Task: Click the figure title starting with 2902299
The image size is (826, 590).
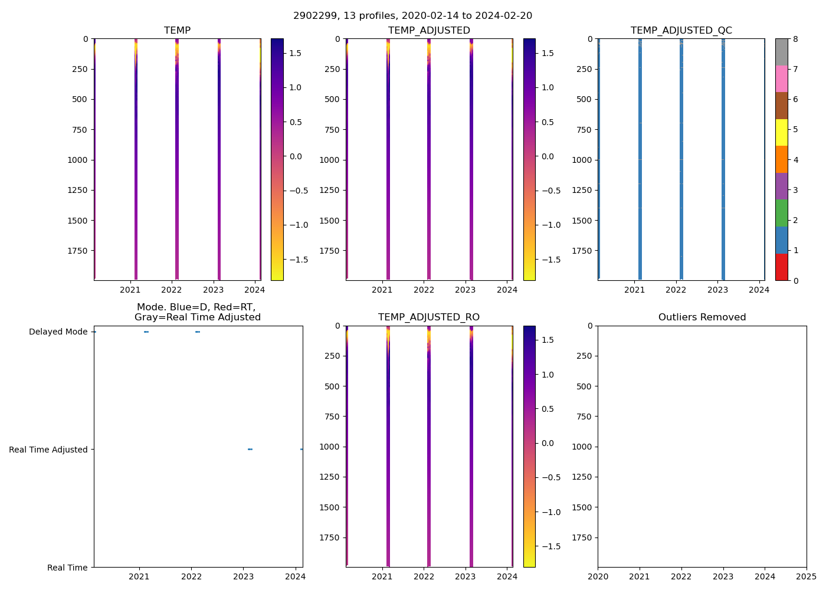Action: [x=412, y=15]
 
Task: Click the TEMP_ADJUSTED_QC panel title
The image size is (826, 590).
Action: [x=681, y=31]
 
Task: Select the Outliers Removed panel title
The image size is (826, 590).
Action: [x=702, y=317]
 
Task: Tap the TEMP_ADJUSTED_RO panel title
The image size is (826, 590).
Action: [x=428, y=317]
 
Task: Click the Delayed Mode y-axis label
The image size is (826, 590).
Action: [x=58, y=332]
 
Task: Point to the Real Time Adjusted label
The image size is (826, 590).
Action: [x=48, y=450]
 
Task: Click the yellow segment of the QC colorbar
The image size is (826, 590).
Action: [x=781, y=132]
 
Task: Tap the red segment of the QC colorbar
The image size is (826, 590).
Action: [x=781, y=267]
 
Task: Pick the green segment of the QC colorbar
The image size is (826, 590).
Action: [x=781, y=213]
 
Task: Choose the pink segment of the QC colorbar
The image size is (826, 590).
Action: [x=781, y=78]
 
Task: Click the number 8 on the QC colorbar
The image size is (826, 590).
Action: [x=795, y=39]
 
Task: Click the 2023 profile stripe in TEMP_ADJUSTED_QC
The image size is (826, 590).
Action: [x=723, y=159]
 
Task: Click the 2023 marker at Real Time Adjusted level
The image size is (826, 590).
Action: [x=250, y=450]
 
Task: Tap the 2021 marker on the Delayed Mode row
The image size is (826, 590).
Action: [x=146, y=332]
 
